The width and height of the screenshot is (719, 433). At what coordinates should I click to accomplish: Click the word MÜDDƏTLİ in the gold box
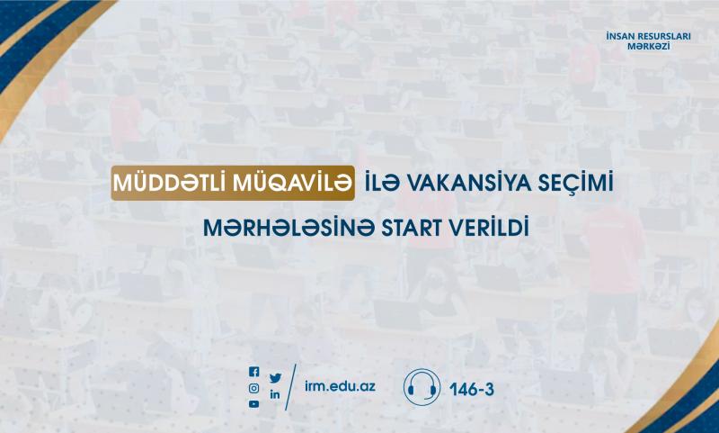tap(170, 184)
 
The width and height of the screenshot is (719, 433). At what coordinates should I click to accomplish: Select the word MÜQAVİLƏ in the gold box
tap(292, 184)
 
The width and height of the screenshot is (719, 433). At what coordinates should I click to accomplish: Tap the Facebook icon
tap(253, 372)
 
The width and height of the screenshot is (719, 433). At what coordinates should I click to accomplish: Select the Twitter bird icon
tap(275, 378)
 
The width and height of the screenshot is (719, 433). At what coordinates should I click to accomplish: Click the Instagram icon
tap(253, 389)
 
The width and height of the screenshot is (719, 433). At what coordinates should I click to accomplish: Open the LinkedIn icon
tap(275, 394)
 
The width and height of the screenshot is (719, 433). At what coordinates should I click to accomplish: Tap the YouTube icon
tap(253, 404)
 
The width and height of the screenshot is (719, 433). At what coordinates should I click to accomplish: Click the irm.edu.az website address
tap(340, 386)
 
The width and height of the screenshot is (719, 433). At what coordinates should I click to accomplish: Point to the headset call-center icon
tap(422, 388)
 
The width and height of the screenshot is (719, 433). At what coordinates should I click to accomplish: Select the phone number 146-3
tap(472, 390)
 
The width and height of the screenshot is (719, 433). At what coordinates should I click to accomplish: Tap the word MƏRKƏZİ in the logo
tap(648, 47)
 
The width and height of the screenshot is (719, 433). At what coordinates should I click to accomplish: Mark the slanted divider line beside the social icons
tap(290, 387)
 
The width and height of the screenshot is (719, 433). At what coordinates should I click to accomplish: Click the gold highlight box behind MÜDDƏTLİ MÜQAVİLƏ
tap(233, 183)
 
